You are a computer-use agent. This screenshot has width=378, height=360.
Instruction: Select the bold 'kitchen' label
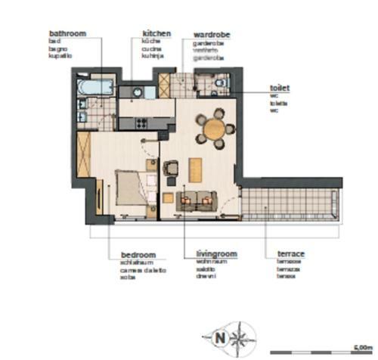click(156, 34)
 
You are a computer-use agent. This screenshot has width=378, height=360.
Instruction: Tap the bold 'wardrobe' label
click(212, 35)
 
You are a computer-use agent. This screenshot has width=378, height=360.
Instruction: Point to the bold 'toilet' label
click(280, 88)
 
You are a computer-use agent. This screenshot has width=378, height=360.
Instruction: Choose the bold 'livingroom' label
click(209, 255)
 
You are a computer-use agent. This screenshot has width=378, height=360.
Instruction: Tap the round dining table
click(217, 128)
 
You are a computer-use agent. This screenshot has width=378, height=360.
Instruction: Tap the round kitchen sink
click(137, 92)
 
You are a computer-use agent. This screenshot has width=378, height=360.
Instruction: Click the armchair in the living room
click(172, 167)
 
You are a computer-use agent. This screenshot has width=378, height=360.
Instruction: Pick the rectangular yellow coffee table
click(195, 167)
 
